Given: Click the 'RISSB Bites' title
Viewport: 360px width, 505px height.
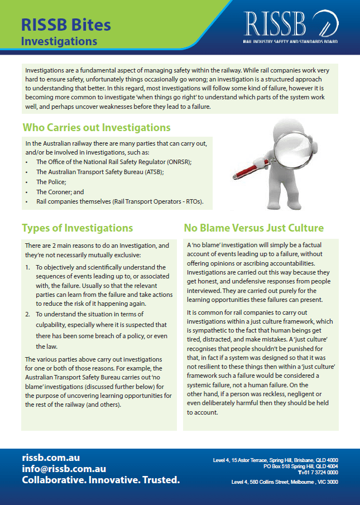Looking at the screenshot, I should coord(66,24).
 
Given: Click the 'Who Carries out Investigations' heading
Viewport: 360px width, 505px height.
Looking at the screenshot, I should coord(96,128).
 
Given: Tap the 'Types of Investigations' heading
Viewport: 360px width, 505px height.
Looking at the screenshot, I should coord(77,228).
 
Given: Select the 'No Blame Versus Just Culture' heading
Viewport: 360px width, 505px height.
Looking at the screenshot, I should coord(254,228).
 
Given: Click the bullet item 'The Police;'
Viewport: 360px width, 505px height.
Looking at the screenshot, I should coord(51,182).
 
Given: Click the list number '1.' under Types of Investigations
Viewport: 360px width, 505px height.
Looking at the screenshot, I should coord(28,267).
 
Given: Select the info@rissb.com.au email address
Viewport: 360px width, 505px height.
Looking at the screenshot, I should coord(64,469).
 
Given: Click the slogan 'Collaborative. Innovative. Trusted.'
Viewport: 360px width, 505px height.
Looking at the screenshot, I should coord(100,480).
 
